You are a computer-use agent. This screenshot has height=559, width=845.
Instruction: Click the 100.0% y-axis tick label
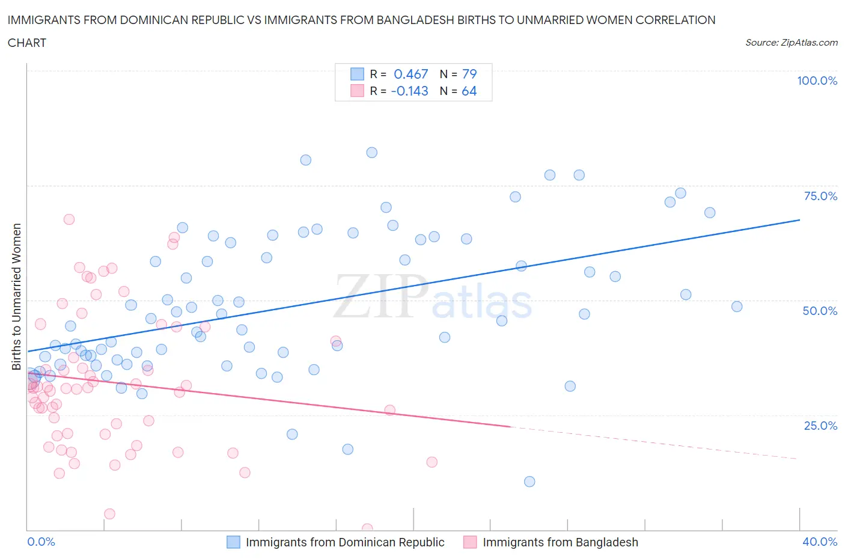tap(817, 81)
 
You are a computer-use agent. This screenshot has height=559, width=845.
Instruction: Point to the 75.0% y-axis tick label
tap(820, 196)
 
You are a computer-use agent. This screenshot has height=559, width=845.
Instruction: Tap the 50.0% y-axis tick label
tap(820, 311)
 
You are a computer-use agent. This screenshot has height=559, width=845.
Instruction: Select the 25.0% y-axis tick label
tap(820, 426)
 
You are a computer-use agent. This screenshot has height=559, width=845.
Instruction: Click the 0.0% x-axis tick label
tap(41, 542)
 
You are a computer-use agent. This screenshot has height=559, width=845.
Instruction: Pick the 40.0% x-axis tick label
tap(820, 542)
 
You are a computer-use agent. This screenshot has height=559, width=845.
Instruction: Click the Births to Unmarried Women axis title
tap(16, 297)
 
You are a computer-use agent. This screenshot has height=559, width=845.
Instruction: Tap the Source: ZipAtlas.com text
tap(791, 42)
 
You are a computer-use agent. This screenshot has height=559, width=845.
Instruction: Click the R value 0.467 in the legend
tap(410, 74)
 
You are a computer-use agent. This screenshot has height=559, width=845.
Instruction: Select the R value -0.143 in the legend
tap(409, 91)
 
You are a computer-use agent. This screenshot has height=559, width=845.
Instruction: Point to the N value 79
tap(469, 74)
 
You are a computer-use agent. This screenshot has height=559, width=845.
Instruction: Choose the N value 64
tap(469, 91)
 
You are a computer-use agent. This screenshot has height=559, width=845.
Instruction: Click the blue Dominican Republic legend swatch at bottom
tap(233, 542)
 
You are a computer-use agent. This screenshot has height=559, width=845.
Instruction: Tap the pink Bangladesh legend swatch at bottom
tap(470, 542)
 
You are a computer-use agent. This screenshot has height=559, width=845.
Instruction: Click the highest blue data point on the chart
tap(372, 153)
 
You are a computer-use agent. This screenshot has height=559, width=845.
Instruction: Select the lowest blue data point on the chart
tap(529, 481)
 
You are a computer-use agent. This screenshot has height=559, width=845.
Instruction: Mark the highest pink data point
tap(69, 219)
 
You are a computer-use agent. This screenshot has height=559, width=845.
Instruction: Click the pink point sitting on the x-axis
tap(367, 529)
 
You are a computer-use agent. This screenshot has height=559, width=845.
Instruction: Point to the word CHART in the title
tap(27, 43)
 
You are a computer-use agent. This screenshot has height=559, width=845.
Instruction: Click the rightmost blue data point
tap(737, 307)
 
